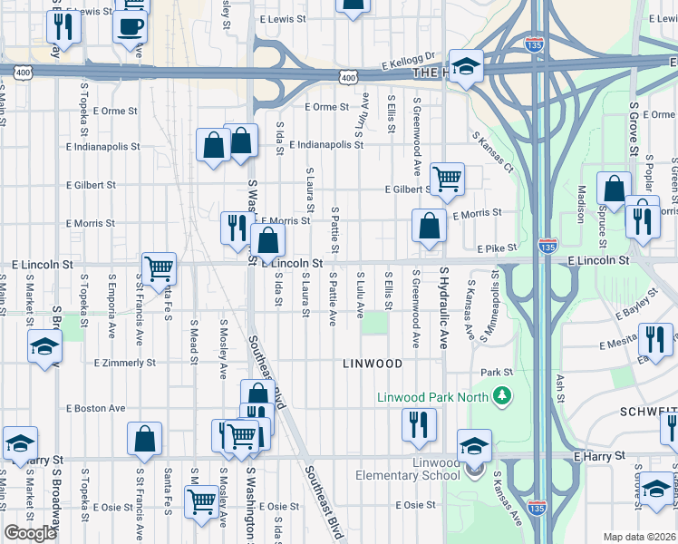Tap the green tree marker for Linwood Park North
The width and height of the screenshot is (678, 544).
499,396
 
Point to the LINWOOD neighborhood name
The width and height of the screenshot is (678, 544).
373,364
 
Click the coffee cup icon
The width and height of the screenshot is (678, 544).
131,24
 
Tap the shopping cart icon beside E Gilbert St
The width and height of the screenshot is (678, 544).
447,179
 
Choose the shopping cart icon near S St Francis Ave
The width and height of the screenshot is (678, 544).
159,268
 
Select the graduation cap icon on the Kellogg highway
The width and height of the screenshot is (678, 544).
466,66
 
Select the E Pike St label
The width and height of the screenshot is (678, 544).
496,248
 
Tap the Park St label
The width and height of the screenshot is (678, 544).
497,372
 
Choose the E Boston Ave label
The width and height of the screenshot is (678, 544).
95,409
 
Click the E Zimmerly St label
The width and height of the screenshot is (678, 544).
125,363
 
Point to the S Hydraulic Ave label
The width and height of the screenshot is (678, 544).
444,309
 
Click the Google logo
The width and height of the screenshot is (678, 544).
30,533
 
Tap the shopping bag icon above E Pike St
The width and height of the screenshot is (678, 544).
429,225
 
